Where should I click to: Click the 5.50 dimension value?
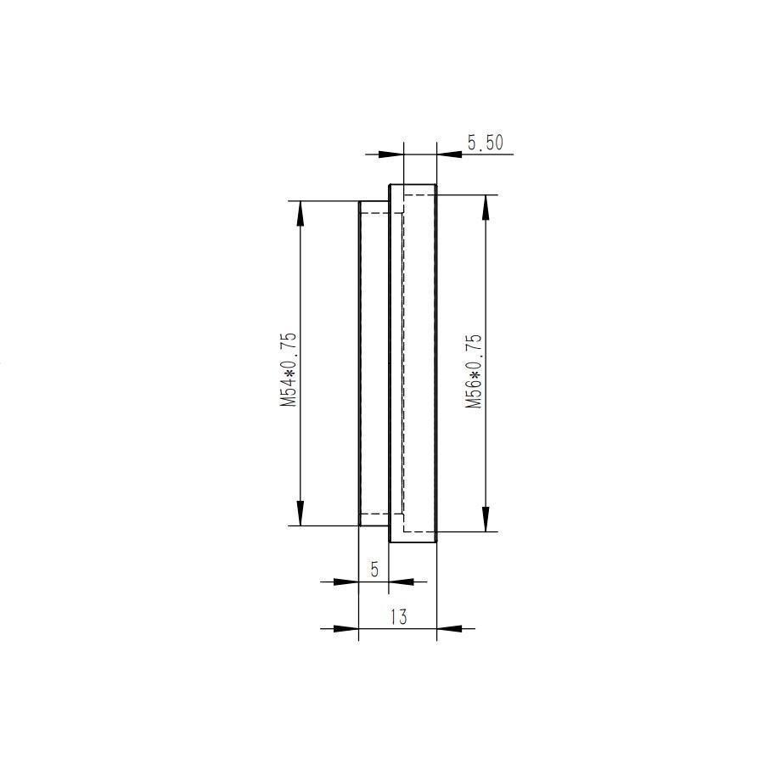(x=485, y=143)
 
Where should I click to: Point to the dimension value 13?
(x=397, y=617)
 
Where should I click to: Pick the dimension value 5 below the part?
(x=375, y=570)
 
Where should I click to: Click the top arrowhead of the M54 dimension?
(x=300, y=213)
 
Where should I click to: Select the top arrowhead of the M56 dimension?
(x=485, y=207)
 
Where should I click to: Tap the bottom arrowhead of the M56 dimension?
(x=485, y=520)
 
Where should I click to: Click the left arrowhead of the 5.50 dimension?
(x=390, y=154)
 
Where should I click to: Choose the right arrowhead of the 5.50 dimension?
(x=449, y=154)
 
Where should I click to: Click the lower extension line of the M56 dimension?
(x=467, y=532)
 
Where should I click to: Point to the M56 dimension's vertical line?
(x=485, y=280)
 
